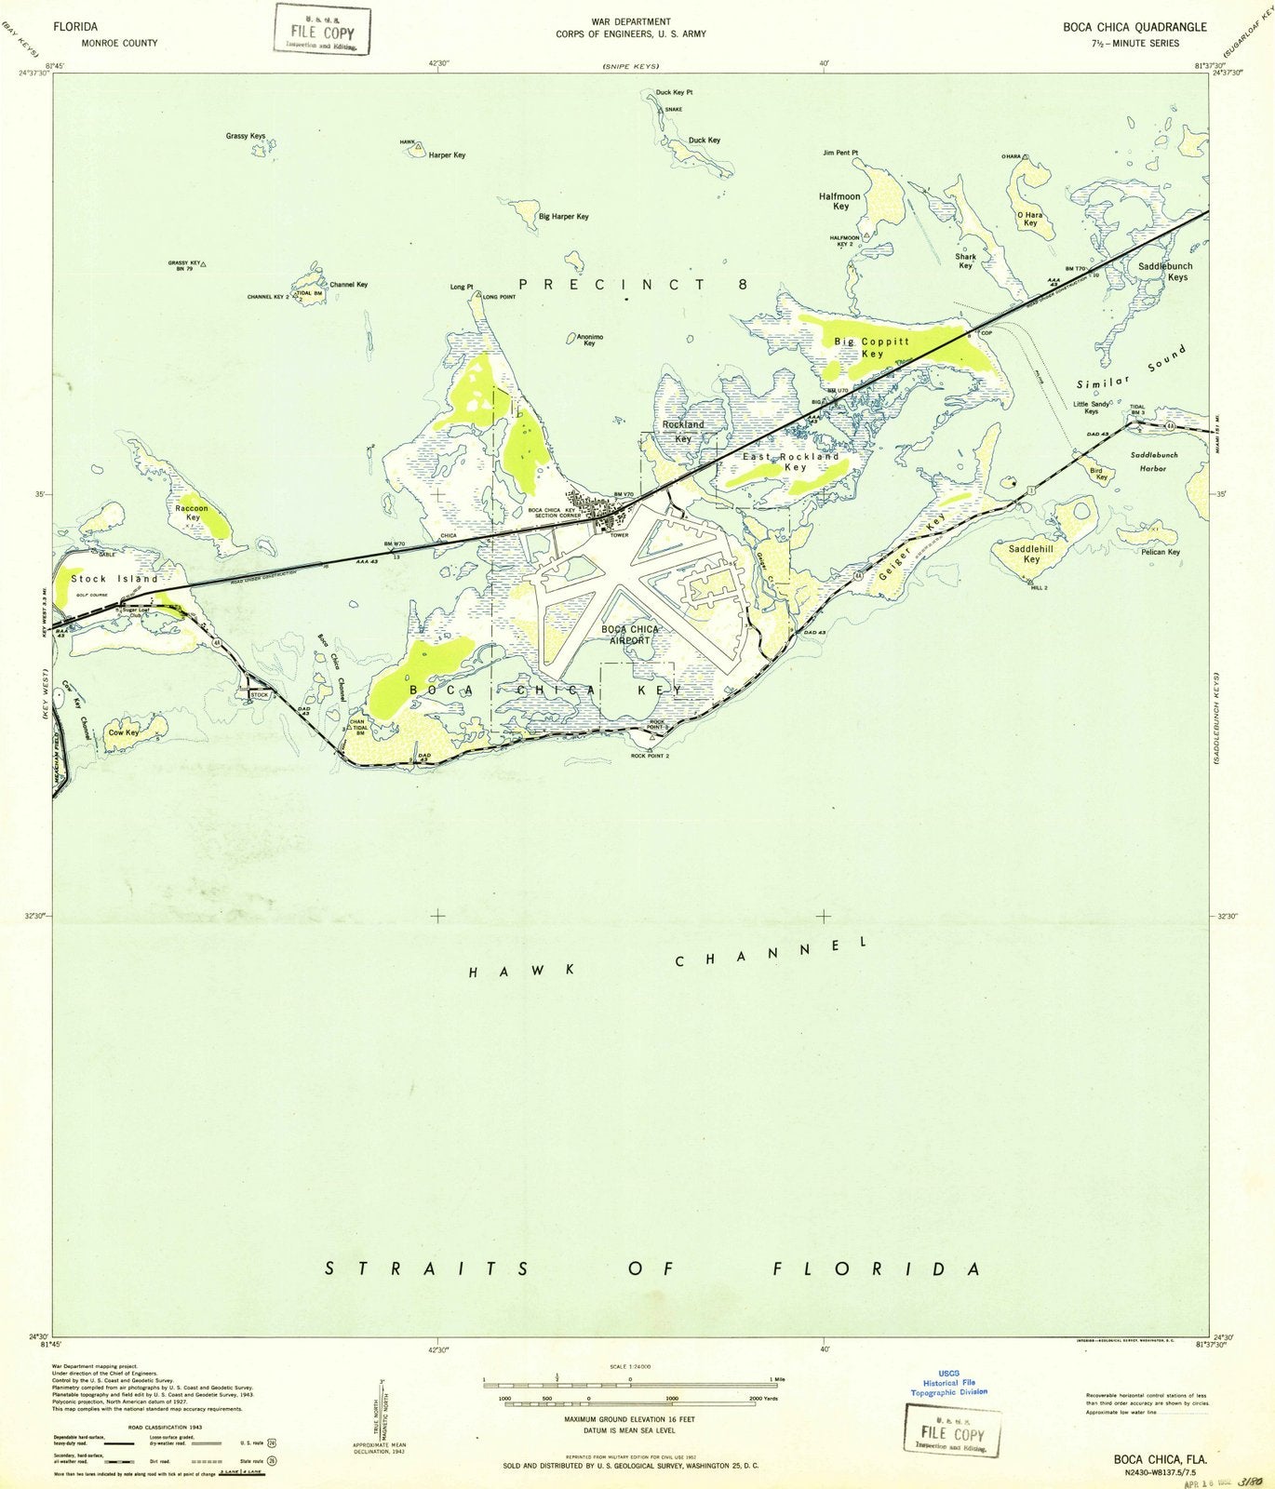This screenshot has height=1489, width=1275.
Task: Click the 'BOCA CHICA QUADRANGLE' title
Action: (1134, 27)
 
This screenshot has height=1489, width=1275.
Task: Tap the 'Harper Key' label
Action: (447, 155)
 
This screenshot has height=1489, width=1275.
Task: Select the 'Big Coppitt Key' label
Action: (871, 348)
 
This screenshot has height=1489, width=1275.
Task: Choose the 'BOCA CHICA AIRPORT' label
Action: (630, 635)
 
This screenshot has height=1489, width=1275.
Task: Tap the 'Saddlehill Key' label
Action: (1031, 555)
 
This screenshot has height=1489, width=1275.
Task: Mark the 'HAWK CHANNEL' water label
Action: (668, 959)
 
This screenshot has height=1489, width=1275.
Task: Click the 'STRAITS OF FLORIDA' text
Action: (652, 1269)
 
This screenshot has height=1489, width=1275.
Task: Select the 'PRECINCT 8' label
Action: (632, 285)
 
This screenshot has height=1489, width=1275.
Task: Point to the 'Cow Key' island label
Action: (124, 732)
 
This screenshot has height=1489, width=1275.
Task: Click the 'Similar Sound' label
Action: (1132, 369)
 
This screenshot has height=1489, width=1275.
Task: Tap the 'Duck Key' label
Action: (705, 141)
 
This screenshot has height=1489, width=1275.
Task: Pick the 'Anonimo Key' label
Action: (589, 340)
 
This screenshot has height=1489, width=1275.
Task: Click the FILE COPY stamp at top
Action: (322, 30)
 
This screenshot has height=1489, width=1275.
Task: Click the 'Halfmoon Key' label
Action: (839, 202)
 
